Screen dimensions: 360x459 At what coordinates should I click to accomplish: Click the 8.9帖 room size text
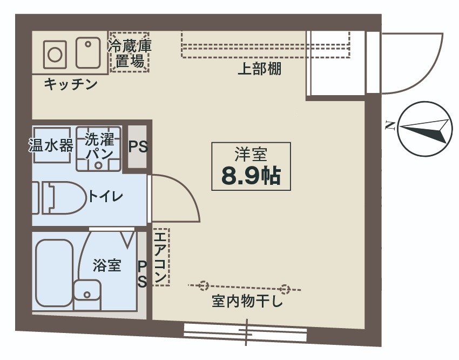pyautogui.click(x=251, y=175)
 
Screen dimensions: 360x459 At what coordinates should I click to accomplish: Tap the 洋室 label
pyautogui.click(x=251, y=155)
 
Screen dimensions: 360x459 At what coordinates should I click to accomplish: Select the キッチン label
pyautogui.click(x=70, y=84)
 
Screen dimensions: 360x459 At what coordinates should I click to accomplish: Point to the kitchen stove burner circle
pyautogui.click(x=55, y=54)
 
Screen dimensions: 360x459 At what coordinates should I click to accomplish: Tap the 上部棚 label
pyautogui.click(x=260, y=69)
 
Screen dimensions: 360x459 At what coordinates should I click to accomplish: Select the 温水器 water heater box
pyautogui.click(x=51, y=145)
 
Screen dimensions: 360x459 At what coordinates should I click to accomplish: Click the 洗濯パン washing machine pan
pyautogui.click(x=99, y=148)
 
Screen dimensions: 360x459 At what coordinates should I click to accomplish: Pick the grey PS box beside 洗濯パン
pyautogui.click(x=138, y=147)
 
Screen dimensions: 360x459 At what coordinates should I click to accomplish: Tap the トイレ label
pyautogui.click(x=106, y=196)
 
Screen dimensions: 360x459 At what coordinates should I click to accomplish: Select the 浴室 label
pyautogui.click(x=106, y=266)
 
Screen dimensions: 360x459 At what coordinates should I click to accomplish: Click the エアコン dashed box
pyautogui.click(x=161, y=256)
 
